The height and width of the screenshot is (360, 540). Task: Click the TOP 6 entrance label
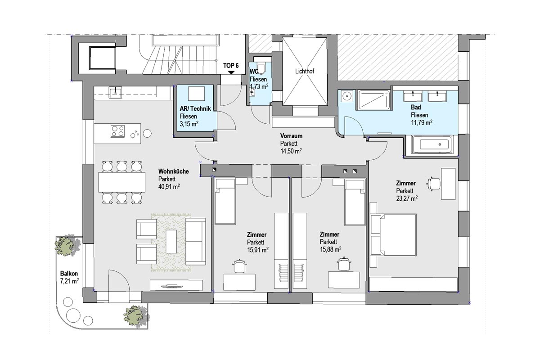coord(231,66)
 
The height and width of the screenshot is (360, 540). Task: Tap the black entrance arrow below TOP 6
coord(231,72)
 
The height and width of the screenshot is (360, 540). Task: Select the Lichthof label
coord(305,71)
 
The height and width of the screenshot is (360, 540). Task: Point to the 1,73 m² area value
coord(259,86)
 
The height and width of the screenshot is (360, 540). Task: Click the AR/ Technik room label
coord(195,108)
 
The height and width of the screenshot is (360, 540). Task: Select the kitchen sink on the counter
coord(115,92)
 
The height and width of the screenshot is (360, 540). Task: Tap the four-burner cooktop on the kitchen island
coord(117,131)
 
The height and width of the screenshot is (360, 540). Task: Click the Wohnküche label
coord(173,171)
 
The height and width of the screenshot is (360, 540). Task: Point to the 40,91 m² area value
coord(169,187)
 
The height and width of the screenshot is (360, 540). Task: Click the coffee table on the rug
coord(171,241)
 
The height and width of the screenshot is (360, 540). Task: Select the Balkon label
coord(69,274)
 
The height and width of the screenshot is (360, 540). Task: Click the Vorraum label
coord(291,136)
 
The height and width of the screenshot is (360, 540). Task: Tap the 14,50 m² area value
coord(291,151)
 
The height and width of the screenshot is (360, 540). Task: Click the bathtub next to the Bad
coord(431,144)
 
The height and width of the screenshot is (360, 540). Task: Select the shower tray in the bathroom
coord(373,100)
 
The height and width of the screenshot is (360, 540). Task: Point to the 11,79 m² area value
coord(421,122)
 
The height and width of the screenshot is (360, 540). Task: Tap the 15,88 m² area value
coord(330,249)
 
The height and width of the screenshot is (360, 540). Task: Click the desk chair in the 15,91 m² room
coord(239,266)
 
